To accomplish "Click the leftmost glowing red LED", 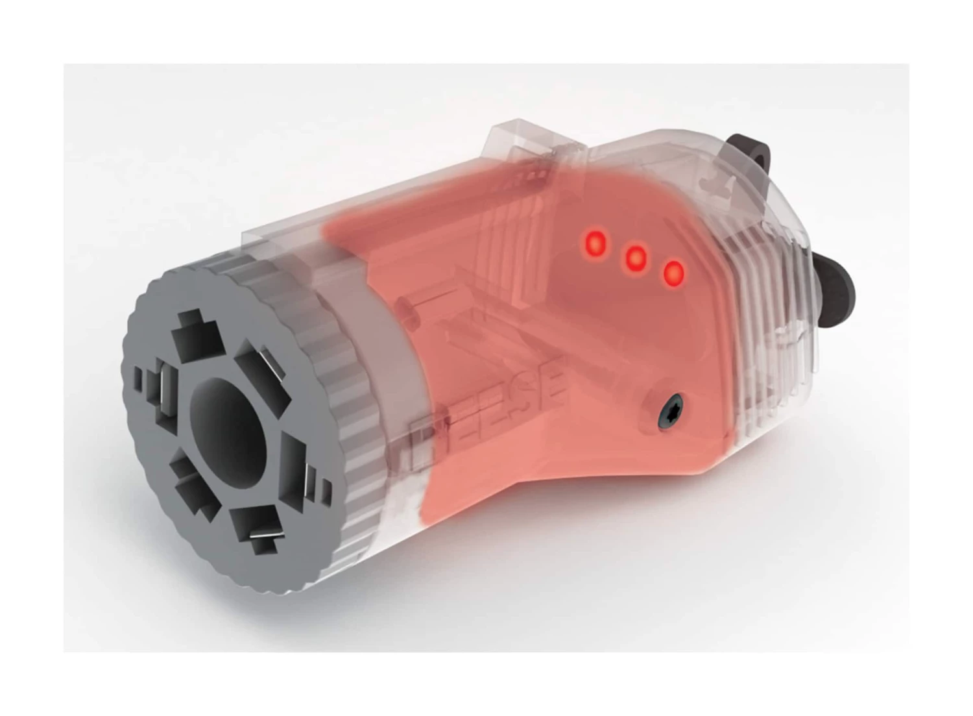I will coord(595,243).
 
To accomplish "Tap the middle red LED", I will coord(635,259).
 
